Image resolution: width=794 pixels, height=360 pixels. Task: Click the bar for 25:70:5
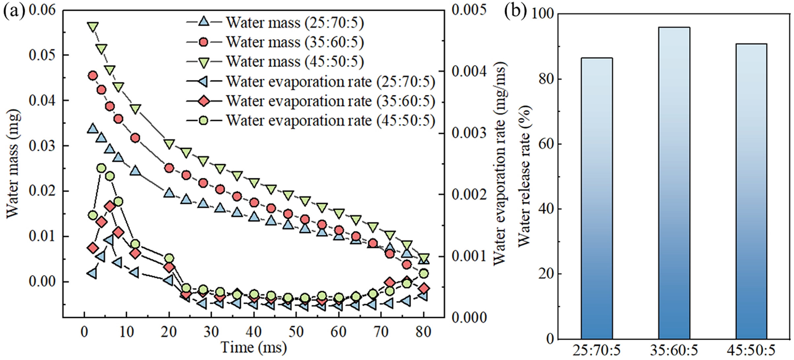click(597, 198)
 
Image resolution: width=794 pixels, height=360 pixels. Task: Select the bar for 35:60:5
click(674, 183)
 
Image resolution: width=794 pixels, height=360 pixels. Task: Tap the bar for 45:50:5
click(751, 191)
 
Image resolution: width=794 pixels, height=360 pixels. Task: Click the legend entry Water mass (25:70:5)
click(295, 22)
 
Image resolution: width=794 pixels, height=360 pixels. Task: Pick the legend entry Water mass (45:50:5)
click(295, 62)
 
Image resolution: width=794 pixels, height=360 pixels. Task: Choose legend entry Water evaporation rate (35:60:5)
click(330, 101)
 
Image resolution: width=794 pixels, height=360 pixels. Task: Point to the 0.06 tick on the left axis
click(42, 10)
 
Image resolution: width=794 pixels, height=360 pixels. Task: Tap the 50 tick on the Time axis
click(296, 332)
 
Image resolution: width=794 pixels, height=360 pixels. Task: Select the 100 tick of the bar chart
click(542, 14)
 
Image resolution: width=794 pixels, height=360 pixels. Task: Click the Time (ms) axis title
click(253, 347)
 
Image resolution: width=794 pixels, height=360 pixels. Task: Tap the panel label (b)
click(515, 11)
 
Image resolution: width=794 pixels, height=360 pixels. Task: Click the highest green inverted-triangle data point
click(93, 27)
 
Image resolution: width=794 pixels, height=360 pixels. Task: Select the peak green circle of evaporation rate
click(102, 168)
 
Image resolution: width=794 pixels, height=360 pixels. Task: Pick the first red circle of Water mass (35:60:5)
click(93, 76)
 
